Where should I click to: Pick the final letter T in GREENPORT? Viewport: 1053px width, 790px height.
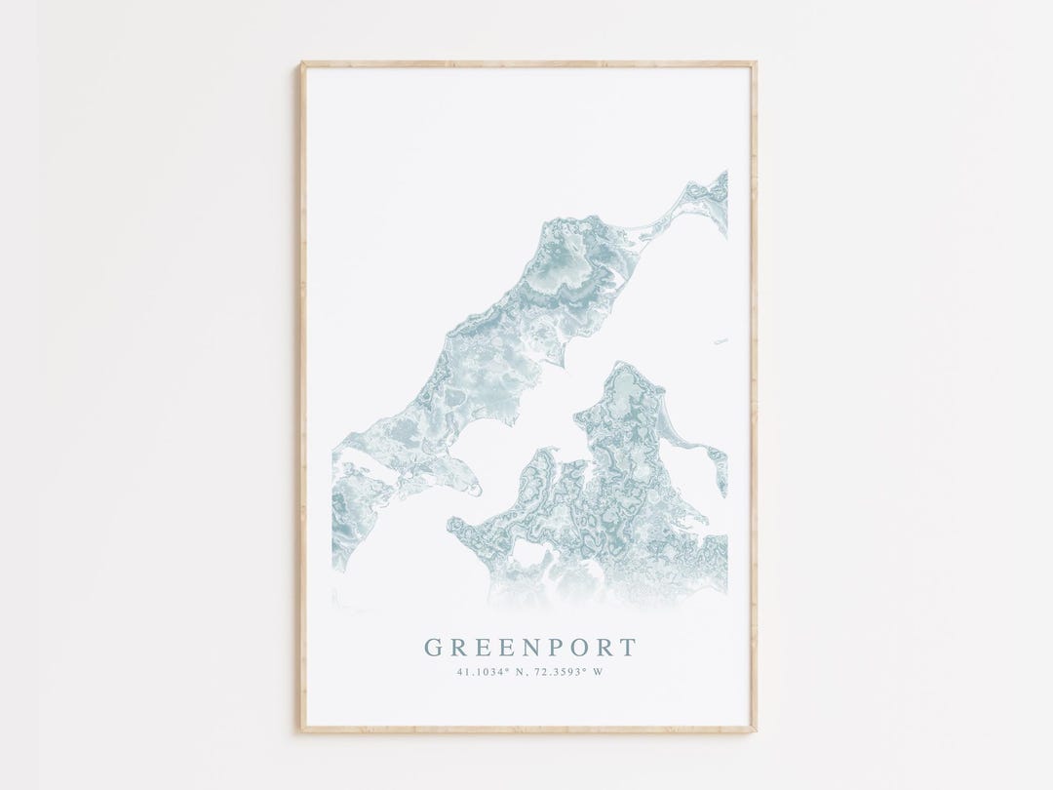629,649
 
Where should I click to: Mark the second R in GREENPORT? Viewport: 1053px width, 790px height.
605,649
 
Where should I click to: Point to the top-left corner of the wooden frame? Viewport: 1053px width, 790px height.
302,63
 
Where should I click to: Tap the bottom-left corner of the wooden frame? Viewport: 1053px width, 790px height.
302,728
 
